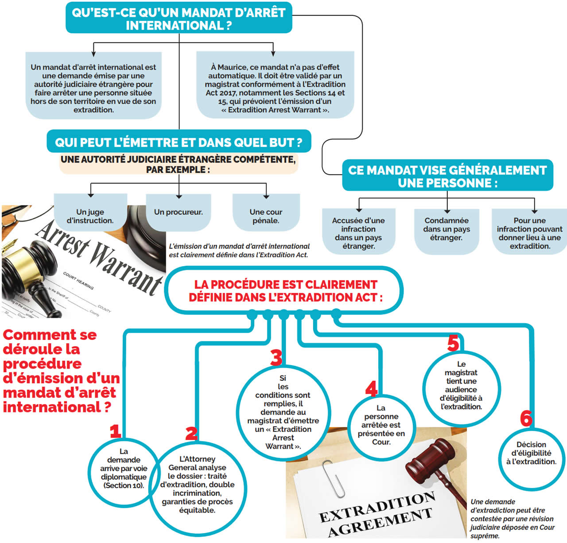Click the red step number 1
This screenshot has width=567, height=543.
[115, 431]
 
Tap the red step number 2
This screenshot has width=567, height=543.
[191, 433]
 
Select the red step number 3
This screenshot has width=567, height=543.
[276, 357]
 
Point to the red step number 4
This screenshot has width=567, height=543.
[371, 388]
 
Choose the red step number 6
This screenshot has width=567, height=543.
[526, 418]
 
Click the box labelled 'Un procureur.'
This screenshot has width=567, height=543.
[179, 212]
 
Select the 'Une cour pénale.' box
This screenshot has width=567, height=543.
[266, 216]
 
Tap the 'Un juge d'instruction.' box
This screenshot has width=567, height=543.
[90, 216]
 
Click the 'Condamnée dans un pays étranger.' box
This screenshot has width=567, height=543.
[447, 229]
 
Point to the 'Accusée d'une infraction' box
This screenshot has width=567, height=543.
[358, 233]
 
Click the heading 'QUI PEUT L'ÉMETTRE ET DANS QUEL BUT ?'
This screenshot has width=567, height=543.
[179, 143]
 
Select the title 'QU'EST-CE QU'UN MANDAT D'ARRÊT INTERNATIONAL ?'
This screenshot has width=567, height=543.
[179, 19]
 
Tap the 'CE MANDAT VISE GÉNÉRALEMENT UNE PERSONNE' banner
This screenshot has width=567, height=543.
[447, 176]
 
